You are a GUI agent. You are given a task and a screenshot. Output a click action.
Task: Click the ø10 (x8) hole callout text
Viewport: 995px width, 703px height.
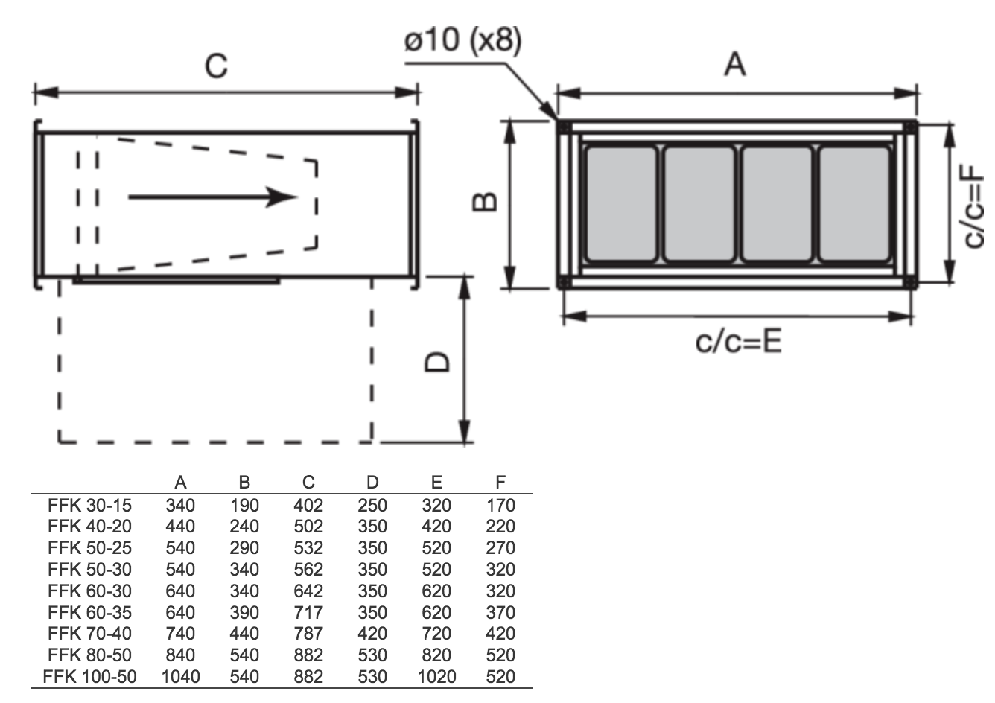[x=462, y=40]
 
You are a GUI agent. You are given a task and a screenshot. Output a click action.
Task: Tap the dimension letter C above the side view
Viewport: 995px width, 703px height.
[x=216, y=66]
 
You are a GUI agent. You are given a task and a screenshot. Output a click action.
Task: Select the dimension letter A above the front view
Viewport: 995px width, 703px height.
[x=735, y=64]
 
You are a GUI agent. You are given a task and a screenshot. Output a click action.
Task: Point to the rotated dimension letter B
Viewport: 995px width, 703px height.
[x=484, y=202]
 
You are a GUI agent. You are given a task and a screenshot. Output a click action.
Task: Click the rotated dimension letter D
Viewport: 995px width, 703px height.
[x=437, y=361]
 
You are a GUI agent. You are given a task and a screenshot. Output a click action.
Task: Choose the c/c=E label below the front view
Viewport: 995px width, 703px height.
[x=738, y=342]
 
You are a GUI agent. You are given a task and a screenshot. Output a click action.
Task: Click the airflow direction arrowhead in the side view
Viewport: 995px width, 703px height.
[x=281, y=197]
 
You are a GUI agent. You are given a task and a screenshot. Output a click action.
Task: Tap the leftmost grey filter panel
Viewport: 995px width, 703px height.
[x=621, y=204]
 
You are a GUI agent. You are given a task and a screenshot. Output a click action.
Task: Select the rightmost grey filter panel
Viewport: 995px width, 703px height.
[x=854, y=204]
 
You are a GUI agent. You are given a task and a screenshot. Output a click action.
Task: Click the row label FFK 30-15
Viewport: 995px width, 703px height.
[x=89, y=506]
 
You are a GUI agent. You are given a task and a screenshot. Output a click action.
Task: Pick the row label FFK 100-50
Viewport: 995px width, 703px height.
[x=89, y=677]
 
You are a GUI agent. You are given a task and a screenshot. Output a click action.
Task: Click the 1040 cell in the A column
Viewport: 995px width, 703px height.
[x=180, y=677]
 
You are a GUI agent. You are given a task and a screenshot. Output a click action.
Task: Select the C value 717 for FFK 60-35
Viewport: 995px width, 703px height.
[x=308, y=612]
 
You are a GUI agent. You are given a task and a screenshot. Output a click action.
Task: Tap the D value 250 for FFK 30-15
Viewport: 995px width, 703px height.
[x=372, y=506]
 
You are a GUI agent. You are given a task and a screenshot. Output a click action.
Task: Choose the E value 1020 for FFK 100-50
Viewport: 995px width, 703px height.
[x=436, y=677]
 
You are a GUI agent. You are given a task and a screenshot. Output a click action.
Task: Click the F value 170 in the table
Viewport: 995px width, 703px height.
[x=500, y=506]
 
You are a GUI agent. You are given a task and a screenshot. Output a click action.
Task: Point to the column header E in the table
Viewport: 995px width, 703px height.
[x=436, y=482]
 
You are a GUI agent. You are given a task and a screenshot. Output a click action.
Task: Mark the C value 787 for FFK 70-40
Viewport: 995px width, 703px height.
[x=308, y=634]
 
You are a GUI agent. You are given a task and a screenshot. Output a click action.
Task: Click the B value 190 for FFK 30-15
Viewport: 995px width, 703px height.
[x=244, y=506]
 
